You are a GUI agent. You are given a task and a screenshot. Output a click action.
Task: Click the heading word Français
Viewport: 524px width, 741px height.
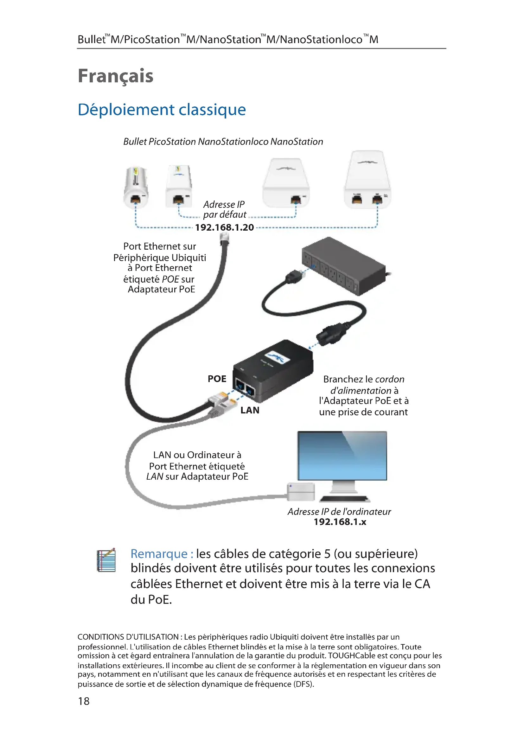point(116,76)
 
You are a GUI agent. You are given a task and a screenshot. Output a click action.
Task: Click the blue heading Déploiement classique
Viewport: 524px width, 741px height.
point(162,110)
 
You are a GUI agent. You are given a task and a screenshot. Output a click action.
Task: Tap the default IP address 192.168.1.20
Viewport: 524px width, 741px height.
point(224,227)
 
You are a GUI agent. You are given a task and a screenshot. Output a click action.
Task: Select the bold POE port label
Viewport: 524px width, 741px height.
point(217,379)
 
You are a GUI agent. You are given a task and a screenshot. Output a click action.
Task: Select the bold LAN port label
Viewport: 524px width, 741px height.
point(250,410)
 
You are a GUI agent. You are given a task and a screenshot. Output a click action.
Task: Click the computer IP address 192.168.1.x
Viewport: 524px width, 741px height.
point(340,522)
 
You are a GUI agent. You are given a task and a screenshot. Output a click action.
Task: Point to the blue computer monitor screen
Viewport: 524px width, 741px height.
point(342,456)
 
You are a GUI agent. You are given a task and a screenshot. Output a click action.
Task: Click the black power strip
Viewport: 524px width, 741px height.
point(344,265)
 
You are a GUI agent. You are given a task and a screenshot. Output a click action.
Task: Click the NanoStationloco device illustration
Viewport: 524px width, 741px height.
point(286,183)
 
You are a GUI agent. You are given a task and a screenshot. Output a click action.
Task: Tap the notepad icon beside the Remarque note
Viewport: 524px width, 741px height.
point(106,560)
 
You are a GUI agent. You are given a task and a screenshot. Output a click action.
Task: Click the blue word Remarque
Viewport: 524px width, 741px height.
point(159,554)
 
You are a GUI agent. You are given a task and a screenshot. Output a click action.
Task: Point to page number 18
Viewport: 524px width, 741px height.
point(84,701)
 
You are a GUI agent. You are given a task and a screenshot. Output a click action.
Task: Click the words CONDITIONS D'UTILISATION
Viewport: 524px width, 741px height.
point(128,637)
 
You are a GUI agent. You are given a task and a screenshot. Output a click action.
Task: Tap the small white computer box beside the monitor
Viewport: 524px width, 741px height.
point(301,492)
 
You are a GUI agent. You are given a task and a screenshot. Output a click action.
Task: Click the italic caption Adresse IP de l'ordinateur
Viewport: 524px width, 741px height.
point(339,512)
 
